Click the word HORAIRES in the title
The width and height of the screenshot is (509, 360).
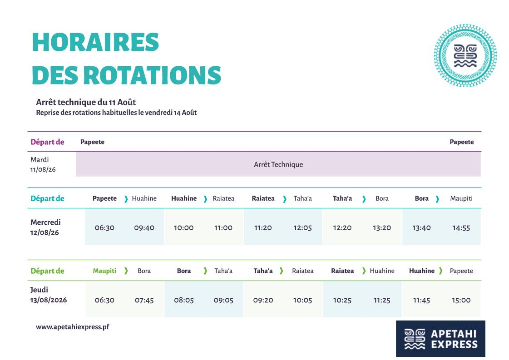[x=95, y=42]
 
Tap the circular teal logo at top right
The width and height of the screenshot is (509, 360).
[x=465, y=55]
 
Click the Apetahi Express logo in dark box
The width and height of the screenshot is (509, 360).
[x=440, y=339]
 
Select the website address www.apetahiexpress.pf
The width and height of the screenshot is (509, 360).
[x=72, y=327]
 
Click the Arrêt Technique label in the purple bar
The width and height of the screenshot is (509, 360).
[x=278, y=165]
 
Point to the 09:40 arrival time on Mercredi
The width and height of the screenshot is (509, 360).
[x=144, y=228]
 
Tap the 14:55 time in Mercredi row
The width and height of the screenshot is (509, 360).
[x=461, y=228]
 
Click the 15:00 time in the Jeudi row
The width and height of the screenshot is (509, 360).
[x=461, y=300]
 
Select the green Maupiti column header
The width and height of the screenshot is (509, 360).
[x=104, y=271]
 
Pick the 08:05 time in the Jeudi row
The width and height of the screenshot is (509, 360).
[x=184, y=300]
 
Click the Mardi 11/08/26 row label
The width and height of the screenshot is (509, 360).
[x=43, y=165]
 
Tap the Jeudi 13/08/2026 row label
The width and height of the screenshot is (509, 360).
[x=49, y=295]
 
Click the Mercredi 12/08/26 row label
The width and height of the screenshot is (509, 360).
[x=45, y=227]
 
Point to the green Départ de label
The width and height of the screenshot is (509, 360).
[x=47, y=271]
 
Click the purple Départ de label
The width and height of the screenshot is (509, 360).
[x=47, y=142]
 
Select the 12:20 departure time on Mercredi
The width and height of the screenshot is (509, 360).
[x=342, y=228]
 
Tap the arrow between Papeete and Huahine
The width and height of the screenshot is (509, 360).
[x=126, y=199]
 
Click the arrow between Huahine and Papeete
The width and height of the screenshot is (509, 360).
[x=440, y=271]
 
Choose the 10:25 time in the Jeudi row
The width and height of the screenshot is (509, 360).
[x=342, y=300]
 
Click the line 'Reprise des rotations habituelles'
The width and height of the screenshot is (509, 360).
[x=116, y=113]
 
